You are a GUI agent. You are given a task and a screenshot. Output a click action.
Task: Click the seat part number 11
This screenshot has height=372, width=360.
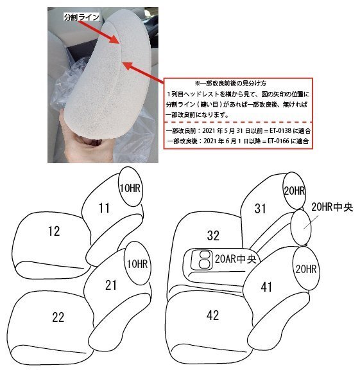point(104,208)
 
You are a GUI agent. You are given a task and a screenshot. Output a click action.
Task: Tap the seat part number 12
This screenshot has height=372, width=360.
point(53,231)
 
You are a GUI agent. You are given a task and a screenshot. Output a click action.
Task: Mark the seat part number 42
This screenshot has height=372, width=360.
point(213,315)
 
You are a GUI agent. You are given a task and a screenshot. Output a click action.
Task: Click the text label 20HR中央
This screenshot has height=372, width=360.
point(332,207)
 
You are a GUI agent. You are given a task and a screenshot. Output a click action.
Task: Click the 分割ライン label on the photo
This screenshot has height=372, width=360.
point(81,17)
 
